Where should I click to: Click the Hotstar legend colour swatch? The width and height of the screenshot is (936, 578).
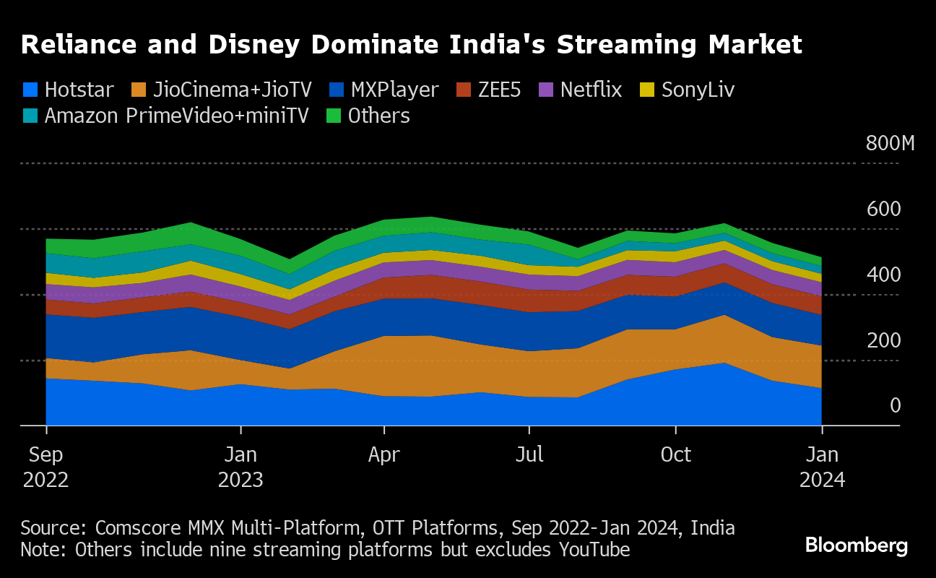tap(30, 90)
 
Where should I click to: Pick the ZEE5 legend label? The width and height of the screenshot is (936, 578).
tap(499, 90)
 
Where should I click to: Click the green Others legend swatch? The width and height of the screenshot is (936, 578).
tap(332, 116)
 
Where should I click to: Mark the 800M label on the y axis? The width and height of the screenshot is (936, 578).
tap(890, 143)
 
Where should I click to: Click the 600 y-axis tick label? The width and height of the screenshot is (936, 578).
tap(884, 209)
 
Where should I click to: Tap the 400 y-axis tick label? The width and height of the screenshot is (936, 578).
tap(884, 275)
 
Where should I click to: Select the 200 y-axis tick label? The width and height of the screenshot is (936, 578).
tap(884, 340)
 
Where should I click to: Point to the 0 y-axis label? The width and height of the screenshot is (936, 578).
tap(895, 406)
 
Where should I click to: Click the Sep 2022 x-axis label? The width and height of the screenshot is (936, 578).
tap(46, 467)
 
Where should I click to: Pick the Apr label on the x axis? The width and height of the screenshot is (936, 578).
tap(384, 455)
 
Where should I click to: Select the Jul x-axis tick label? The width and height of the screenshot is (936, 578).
tap(529, 455)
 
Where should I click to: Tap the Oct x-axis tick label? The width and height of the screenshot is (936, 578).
tap(676, 455)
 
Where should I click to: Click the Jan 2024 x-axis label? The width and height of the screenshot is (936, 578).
tap(822, 467)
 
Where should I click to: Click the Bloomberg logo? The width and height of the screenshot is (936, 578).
tap(857, 545)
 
